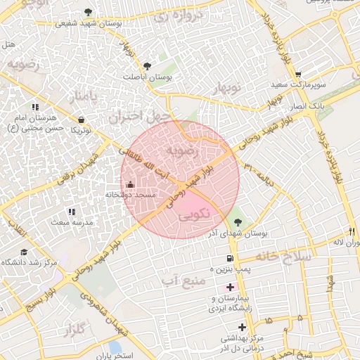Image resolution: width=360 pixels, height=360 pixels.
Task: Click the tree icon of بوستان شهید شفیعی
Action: [x=88, y=12]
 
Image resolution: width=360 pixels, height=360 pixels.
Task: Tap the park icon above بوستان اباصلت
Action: [x=146, y=66]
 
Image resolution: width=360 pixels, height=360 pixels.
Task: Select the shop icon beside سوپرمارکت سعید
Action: [x=298, y=74]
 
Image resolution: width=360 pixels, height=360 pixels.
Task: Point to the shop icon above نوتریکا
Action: [x=82, y=120]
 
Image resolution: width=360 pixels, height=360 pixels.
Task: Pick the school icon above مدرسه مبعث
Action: [x=71, y=211]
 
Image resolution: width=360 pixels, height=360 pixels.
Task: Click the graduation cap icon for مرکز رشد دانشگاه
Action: [x=24, y=252]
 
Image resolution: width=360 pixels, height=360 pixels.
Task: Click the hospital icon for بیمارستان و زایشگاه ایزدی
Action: [x=230, y=288]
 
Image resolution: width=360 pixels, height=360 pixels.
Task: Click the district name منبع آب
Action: [x=183, y=281]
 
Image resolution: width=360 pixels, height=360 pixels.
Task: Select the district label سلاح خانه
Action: [x=282, y=257]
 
